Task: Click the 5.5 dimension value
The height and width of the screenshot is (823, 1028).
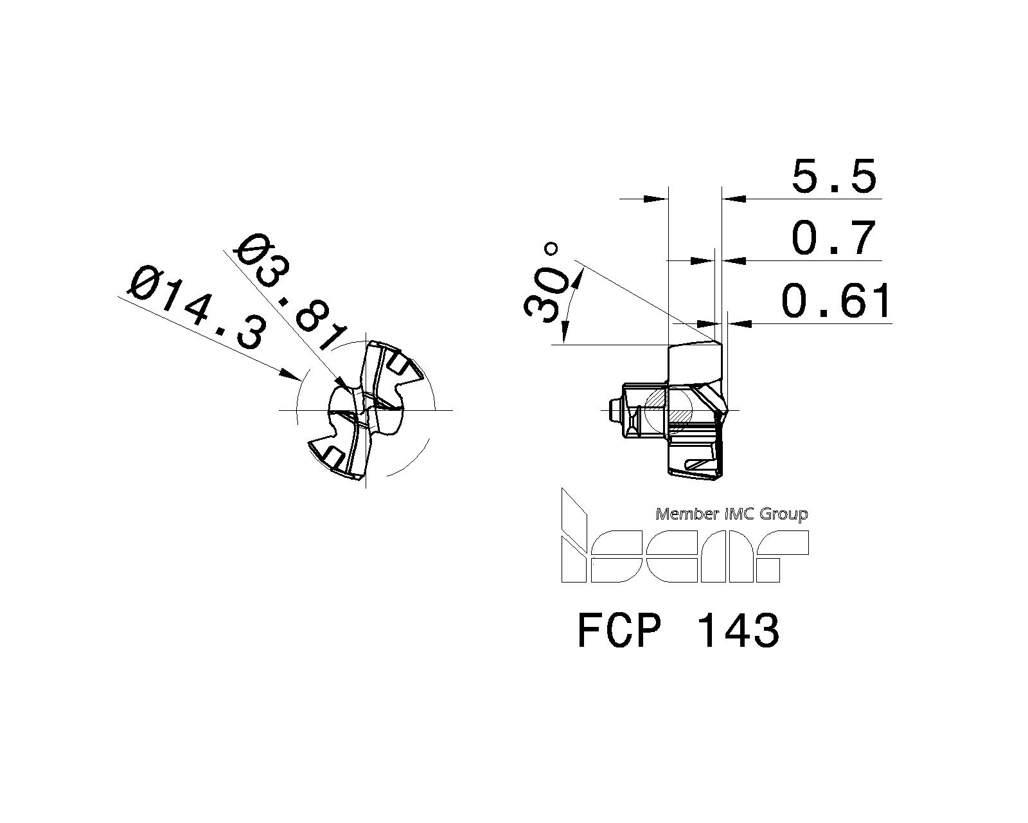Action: pyautogui.click(x=833, y=176)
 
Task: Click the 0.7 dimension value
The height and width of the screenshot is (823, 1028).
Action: pyautogui.click(x=833, y=238)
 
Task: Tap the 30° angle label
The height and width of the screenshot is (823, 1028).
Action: pyautogui.click(x=546, y=283)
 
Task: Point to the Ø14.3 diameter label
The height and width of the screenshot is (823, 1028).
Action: pyautogui.click(x=196, y=309)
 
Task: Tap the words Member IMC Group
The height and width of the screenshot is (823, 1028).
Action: pyautogui.click(x=731, y=514)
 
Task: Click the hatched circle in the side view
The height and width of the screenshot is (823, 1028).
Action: pyautogui.click(x=668, y=410)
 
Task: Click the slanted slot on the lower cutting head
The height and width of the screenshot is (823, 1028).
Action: pyautogui.click(x=700, y=462)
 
